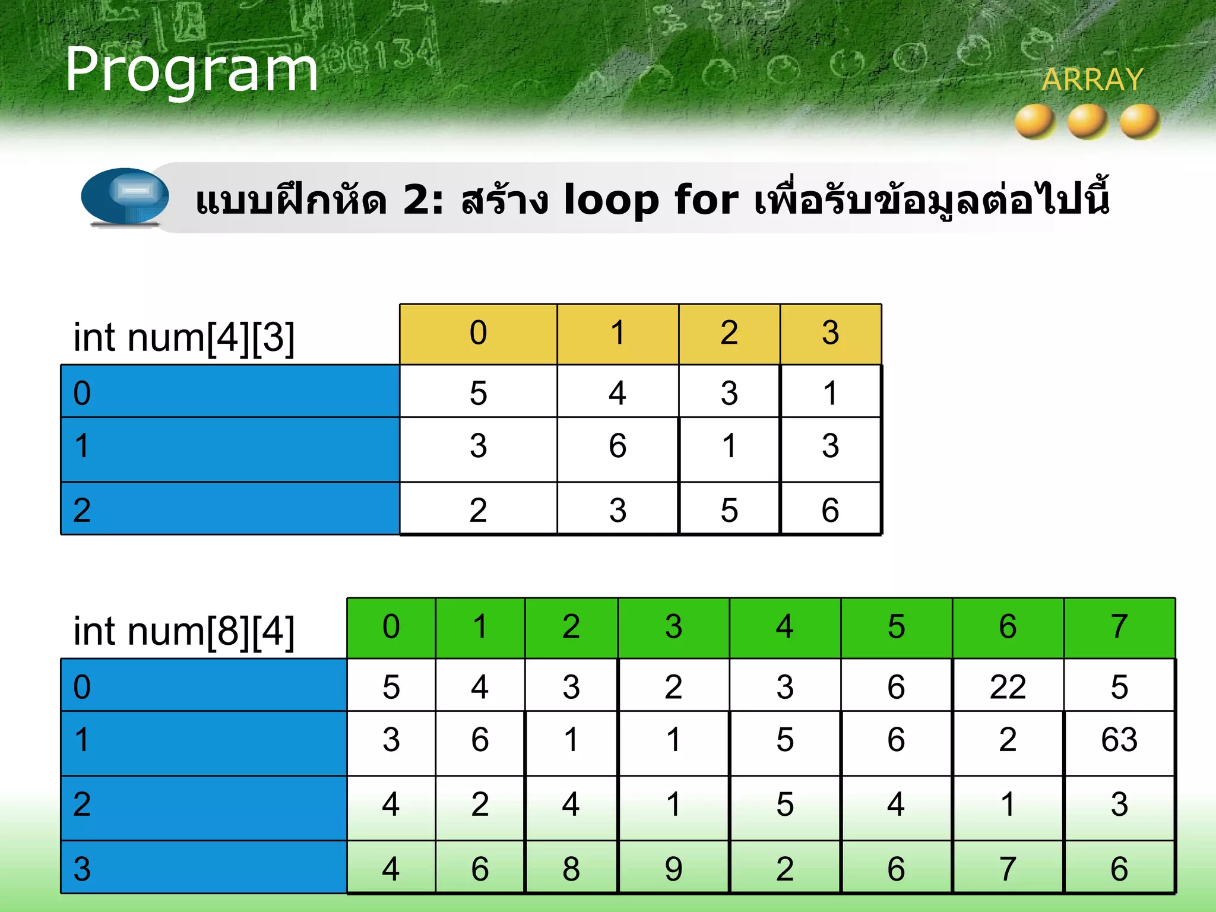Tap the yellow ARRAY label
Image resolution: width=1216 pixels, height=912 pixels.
point(1092,80)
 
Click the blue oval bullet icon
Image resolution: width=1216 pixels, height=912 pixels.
point(125,196)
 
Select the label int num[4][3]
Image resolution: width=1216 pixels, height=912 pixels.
point(184,337)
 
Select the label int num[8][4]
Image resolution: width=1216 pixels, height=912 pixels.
point(184,631)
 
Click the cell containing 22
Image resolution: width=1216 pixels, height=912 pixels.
point(1008,686)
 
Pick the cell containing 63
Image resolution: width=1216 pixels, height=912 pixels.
point(1119,740)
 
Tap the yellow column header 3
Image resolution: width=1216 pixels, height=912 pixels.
point(830,332)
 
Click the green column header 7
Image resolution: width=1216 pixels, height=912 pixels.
point(1119,627)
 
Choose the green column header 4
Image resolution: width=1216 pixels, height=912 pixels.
point(784,627)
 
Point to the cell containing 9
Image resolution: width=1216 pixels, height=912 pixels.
point(673,869)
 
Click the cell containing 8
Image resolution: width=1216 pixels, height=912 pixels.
point(571,869)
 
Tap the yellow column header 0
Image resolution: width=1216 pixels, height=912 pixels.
point(478,332)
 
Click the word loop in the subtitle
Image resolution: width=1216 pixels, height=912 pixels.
point(611,199)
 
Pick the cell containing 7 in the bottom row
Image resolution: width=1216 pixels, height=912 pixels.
point(1008,869)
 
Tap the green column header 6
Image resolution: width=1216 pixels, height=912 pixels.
point(1008,627)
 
